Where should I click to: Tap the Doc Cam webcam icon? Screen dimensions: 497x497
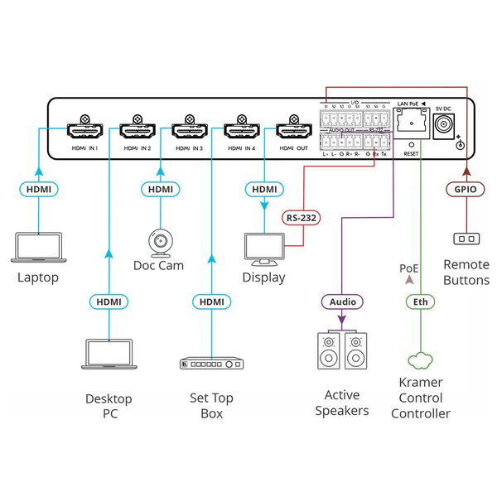click(160, 241)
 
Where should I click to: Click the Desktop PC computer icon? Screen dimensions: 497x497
click(109, 353)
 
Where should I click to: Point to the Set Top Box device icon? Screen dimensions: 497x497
click(212, 364)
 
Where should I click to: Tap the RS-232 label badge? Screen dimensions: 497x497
click(301, 218)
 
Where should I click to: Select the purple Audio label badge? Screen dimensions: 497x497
click(341, 302)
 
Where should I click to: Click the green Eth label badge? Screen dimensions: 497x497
click(421, 302)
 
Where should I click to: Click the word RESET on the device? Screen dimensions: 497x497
click(410, 153)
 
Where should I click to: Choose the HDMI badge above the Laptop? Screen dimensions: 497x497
click(38, 190)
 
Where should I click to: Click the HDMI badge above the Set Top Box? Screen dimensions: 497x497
click(212, 302)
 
